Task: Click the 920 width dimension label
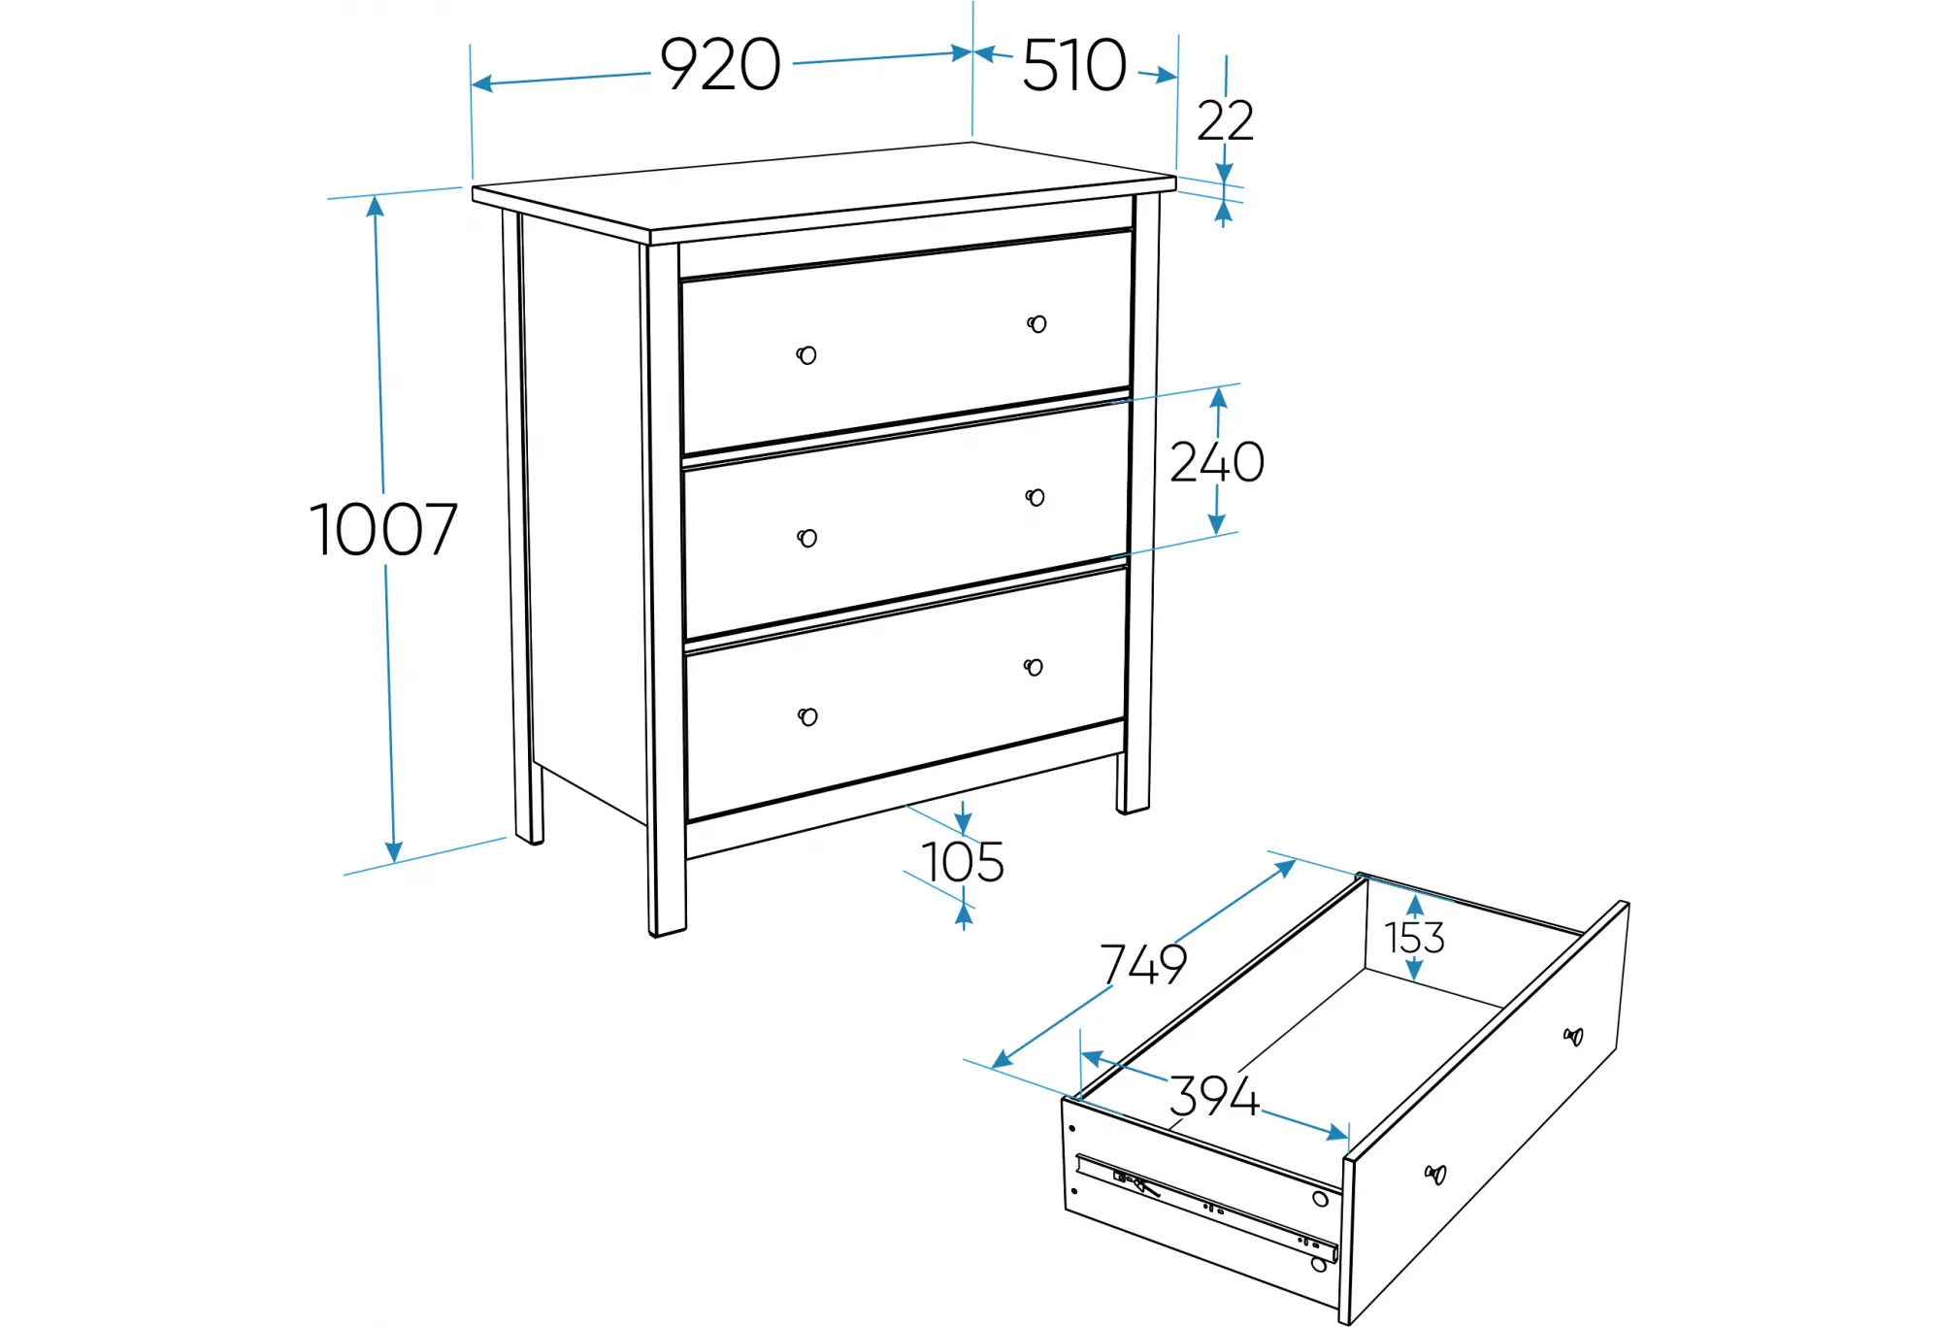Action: point(720,65)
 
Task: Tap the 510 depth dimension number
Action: point(1074,66)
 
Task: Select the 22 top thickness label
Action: point(1225,121)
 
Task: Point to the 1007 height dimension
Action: point(383,530)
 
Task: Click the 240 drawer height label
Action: point(1217,462)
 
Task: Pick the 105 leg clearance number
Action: point(963,862)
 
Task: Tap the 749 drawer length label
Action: point(1143,964)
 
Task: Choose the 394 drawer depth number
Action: point(1213,1096)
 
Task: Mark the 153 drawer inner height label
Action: point(1414,938)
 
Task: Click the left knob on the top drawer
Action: point(806,355)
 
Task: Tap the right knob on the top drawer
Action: point(1036,324)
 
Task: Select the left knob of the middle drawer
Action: point(806,538)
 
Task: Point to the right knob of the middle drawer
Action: point(1035,498)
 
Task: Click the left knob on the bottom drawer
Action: point(807,717)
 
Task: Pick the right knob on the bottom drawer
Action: point(1033,667)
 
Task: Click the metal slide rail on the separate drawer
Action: point(1208,1208)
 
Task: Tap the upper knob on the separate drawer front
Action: point(1573,1037)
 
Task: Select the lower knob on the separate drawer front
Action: point(1435,1175)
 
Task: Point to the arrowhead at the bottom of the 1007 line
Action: point(393,851)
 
